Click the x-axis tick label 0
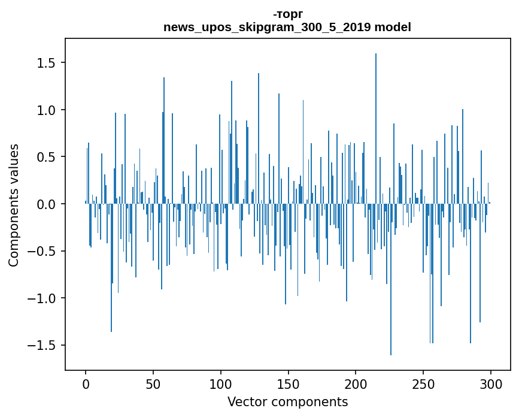pos(86,385)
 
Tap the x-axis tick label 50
pos(153,385)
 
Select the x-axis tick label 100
pos(220,385)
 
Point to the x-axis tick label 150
pos(288,385)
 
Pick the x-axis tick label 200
pos(356,385)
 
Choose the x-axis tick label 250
pos(423,385)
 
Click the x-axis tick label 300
pos(490,385)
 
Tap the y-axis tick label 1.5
pos(46,63)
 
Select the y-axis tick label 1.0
pos(46,110)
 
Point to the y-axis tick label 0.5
pos(46,157)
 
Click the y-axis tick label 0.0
pos(46,204)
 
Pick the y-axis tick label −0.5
pos(41,252)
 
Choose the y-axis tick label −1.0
pos(41,298)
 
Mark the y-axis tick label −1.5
pos(41,346)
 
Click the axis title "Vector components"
pos(287,402)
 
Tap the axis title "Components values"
pos(14,206)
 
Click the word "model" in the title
pos(393,27)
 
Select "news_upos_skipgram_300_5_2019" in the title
pos(267,27)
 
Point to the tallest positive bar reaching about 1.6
pos(376,128)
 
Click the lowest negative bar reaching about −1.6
pos(391,280)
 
